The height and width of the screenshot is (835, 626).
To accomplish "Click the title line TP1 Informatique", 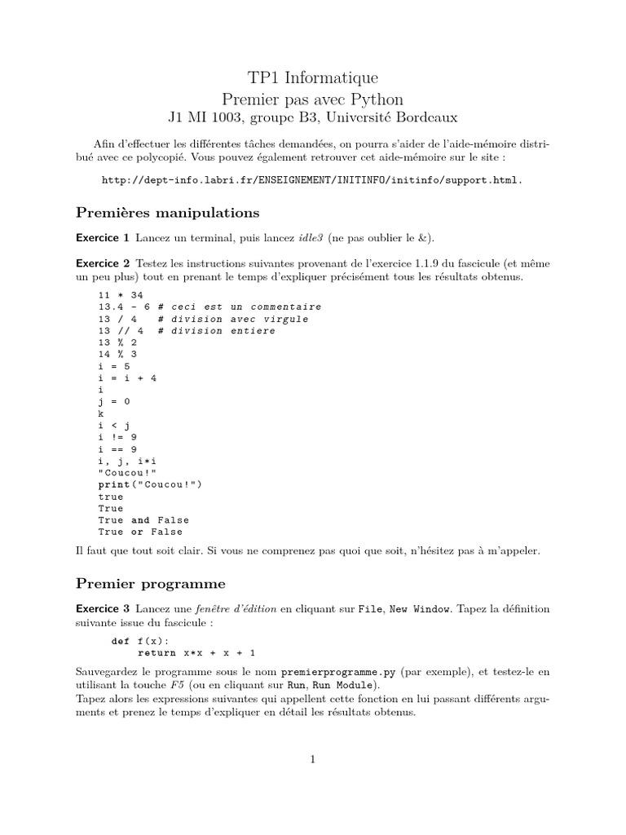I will click(312, 78).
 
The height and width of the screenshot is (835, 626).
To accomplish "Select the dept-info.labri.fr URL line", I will click(312, 179).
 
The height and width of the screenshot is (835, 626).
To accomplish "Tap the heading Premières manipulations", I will click(167, 213).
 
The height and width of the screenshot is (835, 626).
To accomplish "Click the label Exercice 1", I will click(102, 238).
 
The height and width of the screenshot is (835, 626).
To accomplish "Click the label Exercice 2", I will click(102, 263).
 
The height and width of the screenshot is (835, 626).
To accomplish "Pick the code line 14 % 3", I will click(117, 355).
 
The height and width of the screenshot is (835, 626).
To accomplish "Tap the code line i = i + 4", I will click(127, 378).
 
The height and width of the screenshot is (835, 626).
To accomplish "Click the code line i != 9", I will click(117, 436).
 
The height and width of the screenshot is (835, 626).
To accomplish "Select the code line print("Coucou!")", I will click(150, 484).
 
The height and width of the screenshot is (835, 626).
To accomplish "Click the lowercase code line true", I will click(111, 497).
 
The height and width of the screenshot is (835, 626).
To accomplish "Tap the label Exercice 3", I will click(102, 608).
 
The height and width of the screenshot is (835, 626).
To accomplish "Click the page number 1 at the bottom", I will click(312, 759).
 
